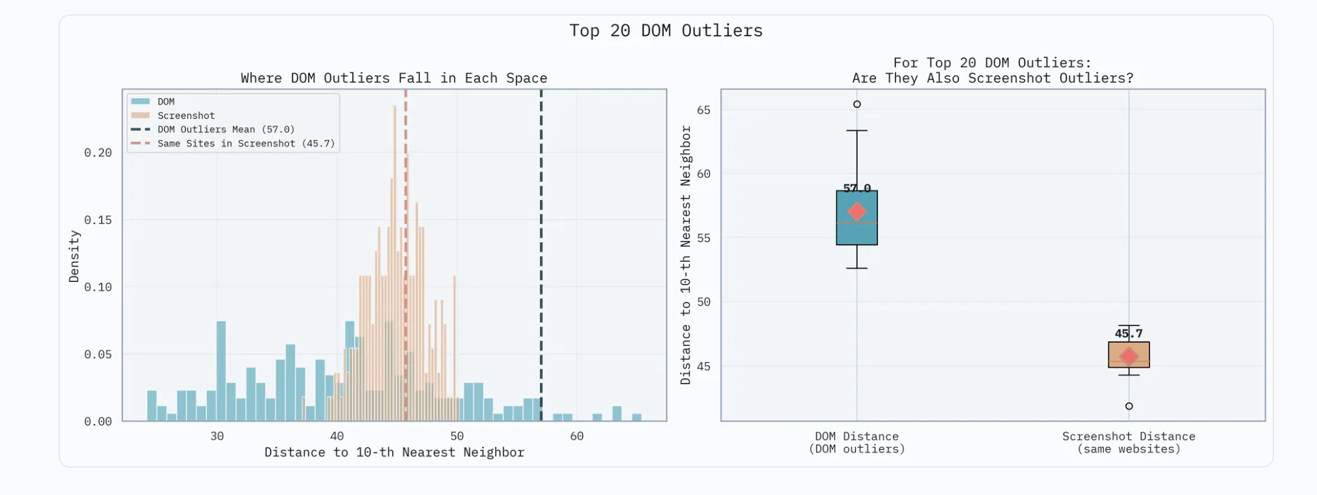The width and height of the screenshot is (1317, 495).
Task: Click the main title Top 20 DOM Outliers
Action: [666, 31]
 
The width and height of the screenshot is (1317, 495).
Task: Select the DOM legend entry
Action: [165, 102]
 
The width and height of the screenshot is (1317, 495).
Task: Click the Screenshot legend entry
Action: [186, 115]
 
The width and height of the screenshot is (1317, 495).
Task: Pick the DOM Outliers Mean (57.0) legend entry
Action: [225, 130]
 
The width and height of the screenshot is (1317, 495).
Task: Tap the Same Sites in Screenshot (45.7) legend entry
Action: [246, 143]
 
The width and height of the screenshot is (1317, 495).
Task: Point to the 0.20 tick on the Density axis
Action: [98, 152]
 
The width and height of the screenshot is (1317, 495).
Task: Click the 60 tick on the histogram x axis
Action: [576, 436]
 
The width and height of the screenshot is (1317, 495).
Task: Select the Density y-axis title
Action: [74, 256]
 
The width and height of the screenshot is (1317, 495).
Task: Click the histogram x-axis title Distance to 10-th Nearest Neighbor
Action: [394, 452]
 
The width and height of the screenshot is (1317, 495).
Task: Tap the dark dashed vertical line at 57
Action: [541, 261]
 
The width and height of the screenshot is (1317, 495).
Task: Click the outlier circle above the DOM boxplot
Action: [857, 104]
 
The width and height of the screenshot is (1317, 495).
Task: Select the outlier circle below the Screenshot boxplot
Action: [1129, 406]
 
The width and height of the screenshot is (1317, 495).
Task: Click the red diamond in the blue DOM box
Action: [857, 212]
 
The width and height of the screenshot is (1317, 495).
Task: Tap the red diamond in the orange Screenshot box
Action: [1129, 356]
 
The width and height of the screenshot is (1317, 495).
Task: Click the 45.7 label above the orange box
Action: [1129, 333]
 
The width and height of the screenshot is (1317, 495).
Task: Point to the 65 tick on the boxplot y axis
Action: [703, 110]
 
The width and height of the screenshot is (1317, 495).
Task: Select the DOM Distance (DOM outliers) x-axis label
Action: [857, 442]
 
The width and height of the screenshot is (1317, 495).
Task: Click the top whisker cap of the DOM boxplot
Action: [857, 131]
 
